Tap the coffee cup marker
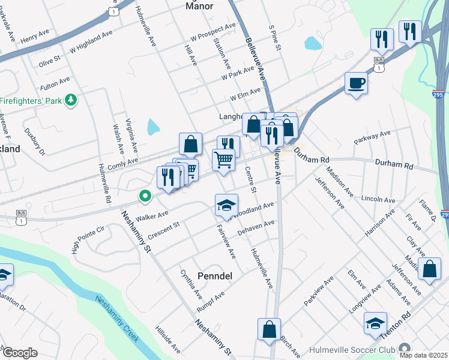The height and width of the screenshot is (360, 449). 356,83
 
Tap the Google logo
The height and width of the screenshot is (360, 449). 19,353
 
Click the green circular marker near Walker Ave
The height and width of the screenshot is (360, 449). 144,196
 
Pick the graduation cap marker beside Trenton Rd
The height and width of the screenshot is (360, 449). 375,323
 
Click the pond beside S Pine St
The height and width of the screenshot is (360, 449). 313,43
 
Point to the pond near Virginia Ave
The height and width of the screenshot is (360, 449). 154,127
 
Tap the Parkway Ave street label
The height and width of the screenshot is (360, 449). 372,137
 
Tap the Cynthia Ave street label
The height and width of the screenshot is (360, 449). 191,284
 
